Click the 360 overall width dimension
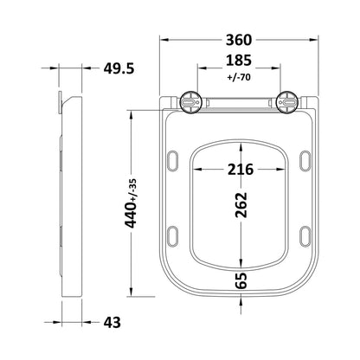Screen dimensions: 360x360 click(x=239, y=40)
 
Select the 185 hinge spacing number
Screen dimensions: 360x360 click(x=239, y=61)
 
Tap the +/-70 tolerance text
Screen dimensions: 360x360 click(x=239, y=77)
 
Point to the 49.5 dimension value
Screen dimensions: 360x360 click(x=119, y=68)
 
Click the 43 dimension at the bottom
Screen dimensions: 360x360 click(x=112, y=322)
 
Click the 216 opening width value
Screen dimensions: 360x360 click(x=241, y=170)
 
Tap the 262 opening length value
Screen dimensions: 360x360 click(x=241, y=205)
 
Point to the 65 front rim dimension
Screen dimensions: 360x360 click(x=241, y=280)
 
